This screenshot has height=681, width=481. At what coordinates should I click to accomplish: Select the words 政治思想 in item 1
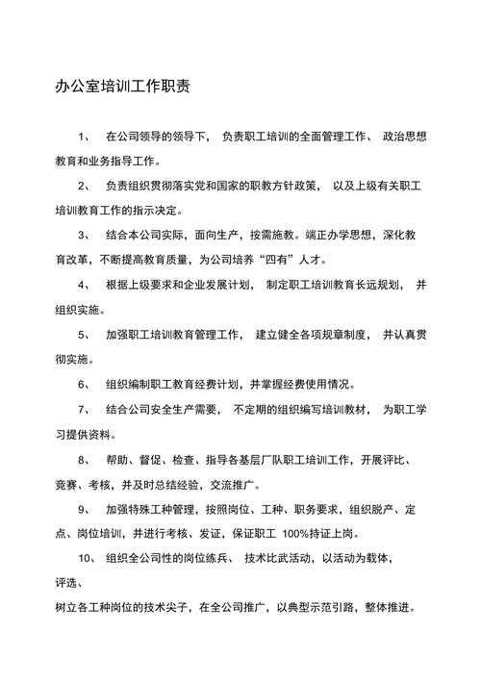coord(399,136)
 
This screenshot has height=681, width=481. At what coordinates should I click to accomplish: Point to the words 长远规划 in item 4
coord(374,285)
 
